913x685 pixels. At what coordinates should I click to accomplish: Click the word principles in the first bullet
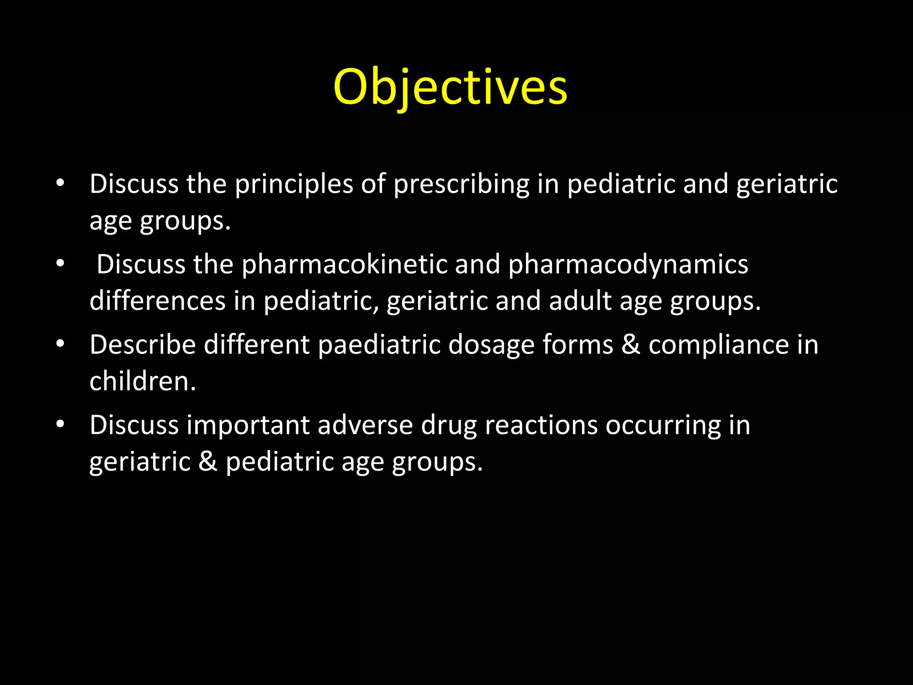pyautogui.click(x=294, y=184)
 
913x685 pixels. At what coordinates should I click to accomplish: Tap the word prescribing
pyautogui.click(x=461, y=184)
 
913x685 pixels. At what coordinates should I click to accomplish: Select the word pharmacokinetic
pyautogui.click(x=345, y=264)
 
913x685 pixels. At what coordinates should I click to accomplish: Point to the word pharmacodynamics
pyautogui.click(x=628, y=264)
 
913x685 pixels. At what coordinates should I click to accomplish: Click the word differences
pyautogui.click(x=157, y=301)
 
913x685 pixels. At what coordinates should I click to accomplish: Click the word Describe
pyautogui.click(x=143, y=345)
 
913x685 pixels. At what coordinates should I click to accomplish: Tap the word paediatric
pyautogui.click(x=379, y=345)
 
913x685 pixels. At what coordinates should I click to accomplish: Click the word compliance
pyautogui.click(x=719, y=345)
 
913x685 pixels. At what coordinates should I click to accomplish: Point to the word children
pyautogui.click(x=143, y=381)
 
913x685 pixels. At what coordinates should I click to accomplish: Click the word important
pyautogui.click(x=248, y=425)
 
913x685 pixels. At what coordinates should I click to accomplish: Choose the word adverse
pyautogui.click(x=365, y=425)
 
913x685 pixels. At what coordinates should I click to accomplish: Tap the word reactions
pyautogui.click(x=541, y=425)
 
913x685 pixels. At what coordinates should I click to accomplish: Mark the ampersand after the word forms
pyautogui.click(x=630, y=345)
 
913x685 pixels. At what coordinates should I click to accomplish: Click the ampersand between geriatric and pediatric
pyautogui.click(x=208, y=462)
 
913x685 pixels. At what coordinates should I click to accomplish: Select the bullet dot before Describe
pyautogui.click(x=61, y=344)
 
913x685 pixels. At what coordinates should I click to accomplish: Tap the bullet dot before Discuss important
pyautogui.click(x=61, y=424)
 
